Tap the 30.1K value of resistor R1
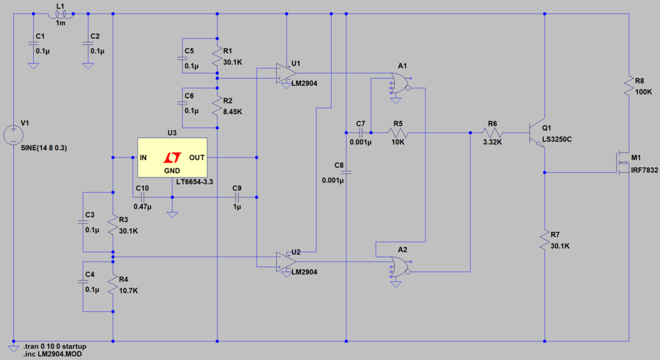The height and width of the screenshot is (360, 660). [233, 62]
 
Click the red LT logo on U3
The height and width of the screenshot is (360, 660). [172, 157]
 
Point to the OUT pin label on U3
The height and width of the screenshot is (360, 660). [197, 157]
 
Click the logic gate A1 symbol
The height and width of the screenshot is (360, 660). [400, 84]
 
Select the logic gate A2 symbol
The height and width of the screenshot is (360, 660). [400, 268]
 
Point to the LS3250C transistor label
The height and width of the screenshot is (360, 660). [557, 139]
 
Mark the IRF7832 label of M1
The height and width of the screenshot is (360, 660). [644, 171]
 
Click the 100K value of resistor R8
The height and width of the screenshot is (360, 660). [643, 92]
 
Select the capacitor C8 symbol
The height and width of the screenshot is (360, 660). [346, 173]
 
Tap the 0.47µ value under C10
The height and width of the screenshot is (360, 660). [142, 207]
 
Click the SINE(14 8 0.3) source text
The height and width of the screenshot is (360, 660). [44, 147]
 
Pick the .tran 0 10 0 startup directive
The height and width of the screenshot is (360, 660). [55, 346]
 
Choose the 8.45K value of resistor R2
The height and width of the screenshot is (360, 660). [233, 112]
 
